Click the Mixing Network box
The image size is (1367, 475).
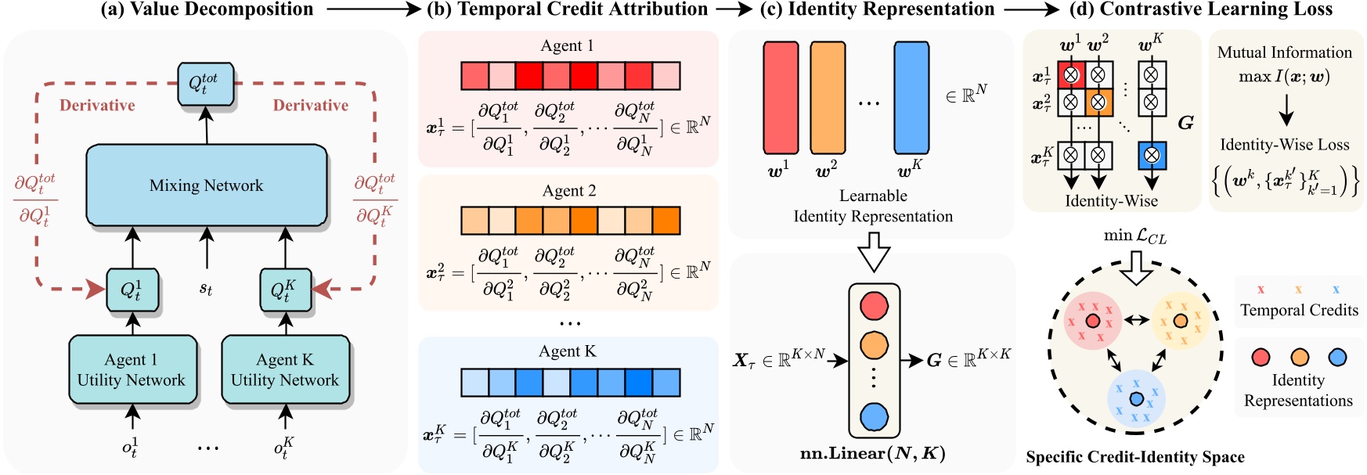click(x=207, y=185)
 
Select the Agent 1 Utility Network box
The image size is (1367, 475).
click(x=132, y=370)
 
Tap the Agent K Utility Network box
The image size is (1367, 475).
click(x=285, y=370)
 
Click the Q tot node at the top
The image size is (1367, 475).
click(x=205, y=84)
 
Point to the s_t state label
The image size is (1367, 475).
click(x=206, y=289)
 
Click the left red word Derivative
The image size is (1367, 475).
click(x=97, y=106)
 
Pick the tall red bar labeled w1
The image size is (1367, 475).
click(x=781, y=98)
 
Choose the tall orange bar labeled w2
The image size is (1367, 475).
click(x=828, y=98)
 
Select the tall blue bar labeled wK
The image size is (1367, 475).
click(x=911, y=98)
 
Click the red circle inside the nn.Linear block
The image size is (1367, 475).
click(x=874, y=305)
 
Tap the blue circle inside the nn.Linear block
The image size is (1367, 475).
click(x=874, y=417)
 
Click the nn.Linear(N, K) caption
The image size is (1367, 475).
click(x=872, y=454)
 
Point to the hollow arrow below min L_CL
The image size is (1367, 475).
click(x=1136, y=267)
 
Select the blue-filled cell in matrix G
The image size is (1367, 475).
click(x=1151, y=155)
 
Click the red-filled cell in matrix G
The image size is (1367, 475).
click(x=1071, y=75)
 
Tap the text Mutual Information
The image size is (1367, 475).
click(x=1284, y=52)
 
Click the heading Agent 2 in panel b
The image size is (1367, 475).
click(x=569, y=191)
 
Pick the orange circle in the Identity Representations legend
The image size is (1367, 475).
click(x=1300, y=358)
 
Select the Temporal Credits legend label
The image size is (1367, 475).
click(x=1299, y=310)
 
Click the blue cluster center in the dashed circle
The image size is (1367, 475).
click(x=1136, y=400)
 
